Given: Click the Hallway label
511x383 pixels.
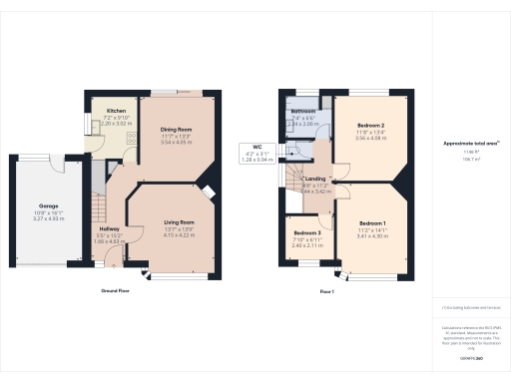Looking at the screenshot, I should tap(110, 229).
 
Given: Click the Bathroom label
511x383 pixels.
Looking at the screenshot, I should tap(303, 111).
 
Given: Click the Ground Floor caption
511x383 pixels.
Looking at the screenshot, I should tap(117, 290).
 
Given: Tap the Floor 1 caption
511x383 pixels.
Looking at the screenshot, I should tap(326, 290).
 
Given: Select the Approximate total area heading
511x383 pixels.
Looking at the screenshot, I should tap(471, 144).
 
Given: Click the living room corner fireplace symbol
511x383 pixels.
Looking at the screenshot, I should tap(208, 195).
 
